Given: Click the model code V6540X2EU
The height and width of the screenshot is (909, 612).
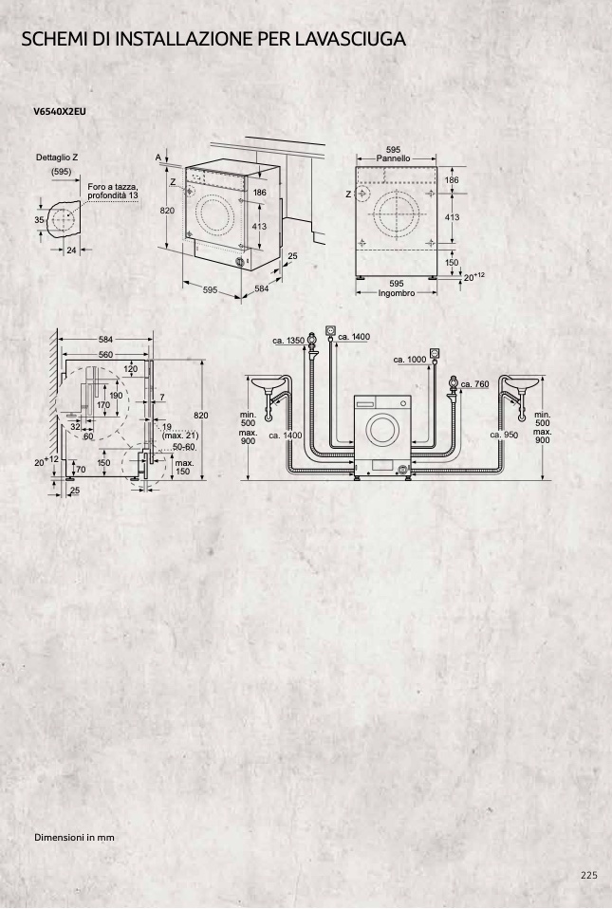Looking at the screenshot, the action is (60, 111).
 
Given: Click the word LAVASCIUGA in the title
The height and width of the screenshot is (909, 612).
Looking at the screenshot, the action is (349, 39).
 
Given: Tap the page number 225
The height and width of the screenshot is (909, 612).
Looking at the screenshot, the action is (589, 875).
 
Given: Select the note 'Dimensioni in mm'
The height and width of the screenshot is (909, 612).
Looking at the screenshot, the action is (74, 837).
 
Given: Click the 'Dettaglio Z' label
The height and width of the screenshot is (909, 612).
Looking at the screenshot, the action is (57, 158).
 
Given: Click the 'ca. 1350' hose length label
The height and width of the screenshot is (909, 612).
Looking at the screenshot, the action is (288, 341).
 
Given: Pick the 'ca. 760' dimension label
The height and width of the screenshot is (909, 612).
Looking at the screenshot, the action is (474, 383).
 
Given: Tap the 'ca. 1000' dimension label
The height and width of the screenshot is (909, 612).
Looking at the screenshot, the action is (410, 360).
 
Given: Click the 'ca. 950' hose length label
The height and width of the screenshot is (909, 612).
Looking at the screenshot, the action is (504, 435).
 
